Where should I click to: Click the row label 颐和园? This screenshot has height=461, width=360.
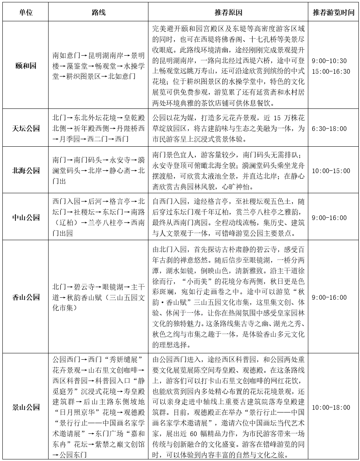[26, 66]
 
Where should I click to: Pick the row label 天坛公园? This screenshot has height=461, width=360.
[26, 129]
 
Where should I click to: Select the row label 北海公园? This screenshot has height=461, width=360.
[26, 171]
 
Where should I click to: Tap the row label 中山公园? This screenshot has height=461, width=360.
[26, 218]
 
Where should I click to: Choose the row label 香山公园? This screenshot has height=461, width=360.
[26, 297]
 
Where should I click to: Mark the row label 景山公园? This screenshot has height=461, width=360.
[26, 407]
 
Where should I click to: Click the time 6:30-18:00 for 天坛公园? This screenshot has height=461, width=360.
[329, 129]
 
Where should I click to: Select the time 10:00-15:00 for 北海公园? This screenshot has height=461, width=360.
[331, 171]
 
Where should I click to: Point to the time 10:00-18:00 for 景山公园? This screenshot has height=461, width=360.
[331, 407]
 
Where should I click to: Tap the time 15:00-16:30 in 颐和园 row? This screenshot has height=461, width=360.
[331, 71]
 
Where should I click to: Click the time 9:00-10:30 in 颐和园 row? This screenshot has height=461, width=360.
[329, 61]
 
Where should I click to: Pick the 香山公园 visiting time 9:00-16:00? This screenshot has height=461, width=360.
[329, 297]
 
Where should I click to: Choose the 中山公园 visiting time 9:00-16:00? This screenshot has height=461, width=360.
[329, 218]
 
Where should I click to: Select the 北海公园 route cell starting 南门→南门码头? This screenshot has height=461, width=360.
[98, 171]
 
